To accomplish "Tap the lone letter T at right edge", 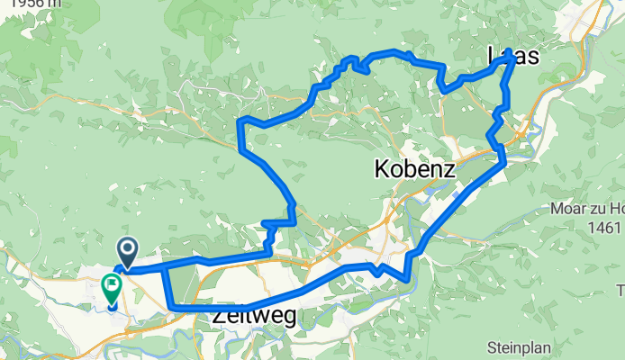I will point(620,289).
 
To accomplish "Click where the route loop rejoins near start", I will point(164,266).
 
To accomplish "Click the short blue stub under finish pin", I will point(112,305).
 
